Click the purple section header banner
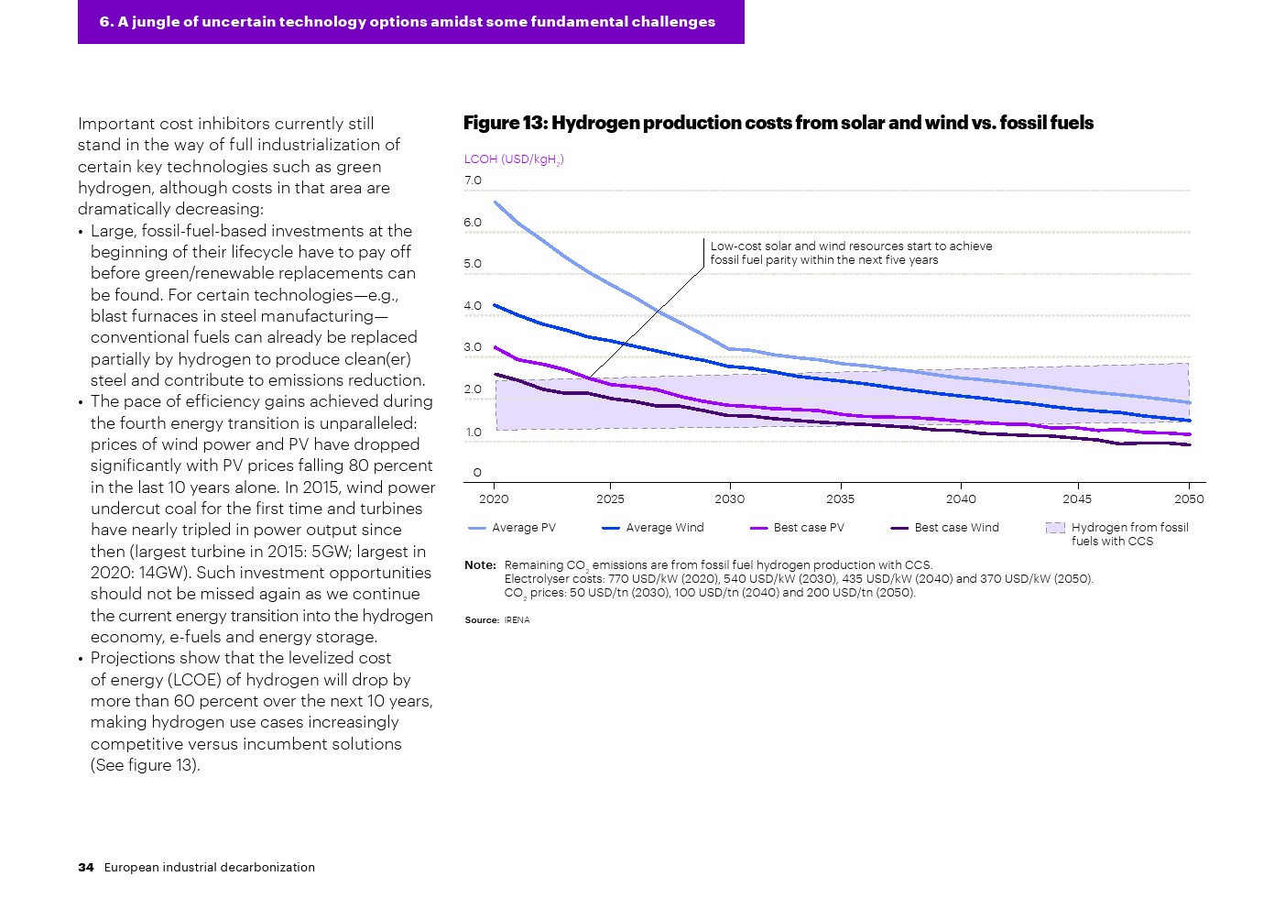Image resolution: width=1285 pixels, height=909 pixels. (x=410, y=22)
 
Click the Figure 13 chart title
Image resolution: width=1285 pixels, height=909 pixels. (x=778, y=123)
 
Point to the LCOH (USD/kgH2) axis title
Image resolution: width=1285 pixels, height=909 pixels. (x=513, y=159)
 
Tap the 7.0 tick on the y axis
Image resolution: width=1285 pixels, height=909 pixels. (x=473, y=181)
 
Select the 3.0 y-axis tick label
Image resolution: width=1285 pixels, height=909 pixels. (x=473, y=347)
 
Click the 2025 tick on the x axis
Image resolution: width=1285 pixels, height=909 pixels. (x=610, y=499)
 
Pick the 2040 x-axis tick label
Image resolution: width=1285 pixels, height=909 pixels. (x=961, y=499)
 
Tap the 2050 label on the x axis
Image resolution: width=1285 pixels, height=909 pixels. (x=1189, y=499)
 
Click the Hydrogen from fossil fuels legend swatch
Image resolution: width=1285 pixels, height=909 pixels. (x=1055, y=528)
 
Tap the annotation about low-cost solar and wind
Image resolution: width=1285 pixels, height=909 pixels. (x=851, y=253)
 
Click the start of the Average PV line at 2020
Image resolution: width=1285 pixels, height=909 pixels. (x=495, y=202)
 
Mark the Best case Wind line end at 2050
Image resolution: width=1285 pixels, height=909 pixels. (x=1189, y=445)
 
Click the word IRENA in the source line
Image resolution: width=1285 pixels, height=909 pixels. (x=517, y=620)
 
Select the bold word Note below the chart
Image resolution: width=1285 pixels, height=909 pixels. (x=480, y=565)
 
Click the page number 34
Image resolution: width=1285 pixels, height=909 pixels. (x=86, y=868)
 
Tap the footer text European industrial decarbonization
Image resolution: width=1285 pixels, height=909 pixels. (x=209, y=868)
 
